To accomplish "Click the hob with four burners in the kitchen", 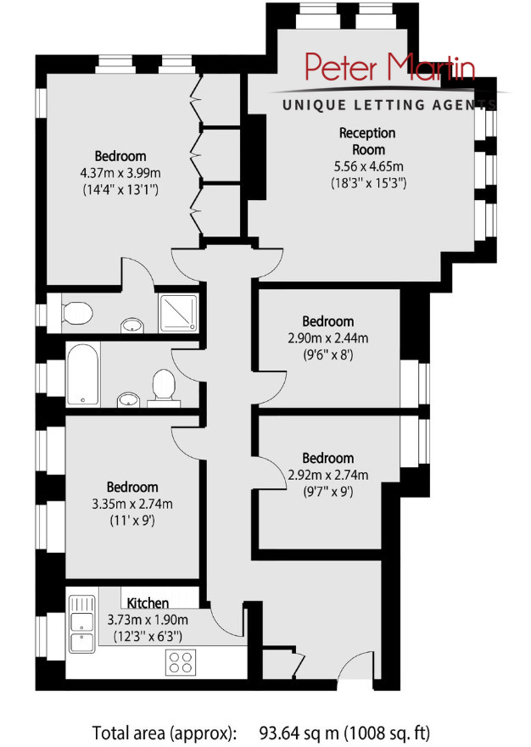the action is click(182, 662).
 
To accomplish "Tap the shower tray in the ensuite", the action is click(178, 313).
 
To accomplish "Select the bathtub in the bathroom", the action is click(83, 375).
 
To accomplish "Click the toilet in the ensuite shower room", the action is click(76, 313).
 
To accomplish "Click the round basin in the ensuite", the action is click(132, 326).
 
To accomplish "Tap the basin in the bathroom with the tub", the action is click(128, 399).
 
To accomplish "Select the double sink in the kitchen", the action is click(82, 625).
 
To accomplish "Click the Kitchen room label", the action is click(148, 603).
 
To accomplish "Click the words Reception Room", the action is click(367, 141).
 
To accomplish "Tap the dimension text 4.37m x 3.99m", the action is click(120, 173).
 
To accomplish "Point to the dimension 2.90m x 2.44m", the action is click(328, 338).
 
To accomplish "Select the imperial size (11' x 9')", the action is click(132, 521).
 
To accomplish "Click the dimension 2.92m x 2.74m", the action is click(328, 475).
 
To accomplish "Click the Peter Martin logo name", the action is click(390, 68).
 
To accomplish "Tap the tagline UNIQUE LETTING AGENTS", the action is click(389, 105).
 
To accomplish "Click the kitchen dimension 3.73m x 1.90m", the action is click(148, 620).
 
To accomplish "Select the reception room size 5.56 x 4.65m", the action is click(368, 166).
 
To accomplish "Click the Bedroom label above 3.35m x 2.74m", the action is click(132, 488).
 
